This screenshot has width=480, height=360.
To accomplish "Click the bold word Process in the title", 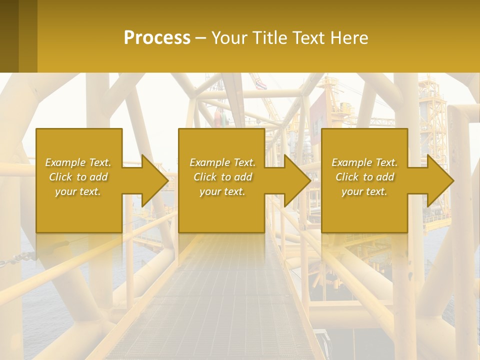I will (x=157, y=38).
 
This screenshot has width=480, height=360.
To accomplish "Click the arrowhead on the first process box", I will (x=153, y=180).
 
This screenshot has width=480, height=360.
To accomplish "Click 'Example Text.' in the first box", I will (x=78, y=162).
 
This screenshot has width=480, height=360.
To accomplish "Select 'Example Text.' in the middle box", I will (x=222, y=162).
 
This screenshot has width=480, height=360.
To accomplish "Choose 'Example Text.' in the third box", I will (x=364, y=162).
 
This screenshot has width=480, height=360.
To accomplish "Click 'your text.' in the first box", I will (x=78, y=191).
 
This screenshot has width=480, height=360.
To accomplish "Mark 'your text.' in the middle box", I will (x=222, y=191).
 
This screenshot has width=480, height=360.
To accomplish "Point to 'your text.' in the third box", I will (x=364, y=191).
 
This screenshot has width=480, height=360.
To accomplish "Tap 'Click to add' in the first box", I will (x=78, y=177).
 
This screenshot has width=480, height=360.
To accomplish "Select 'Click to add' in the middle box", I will (x=222, y=177).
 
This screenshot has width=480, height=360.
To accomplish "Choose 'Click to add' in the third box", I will (x=364, y=177).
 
